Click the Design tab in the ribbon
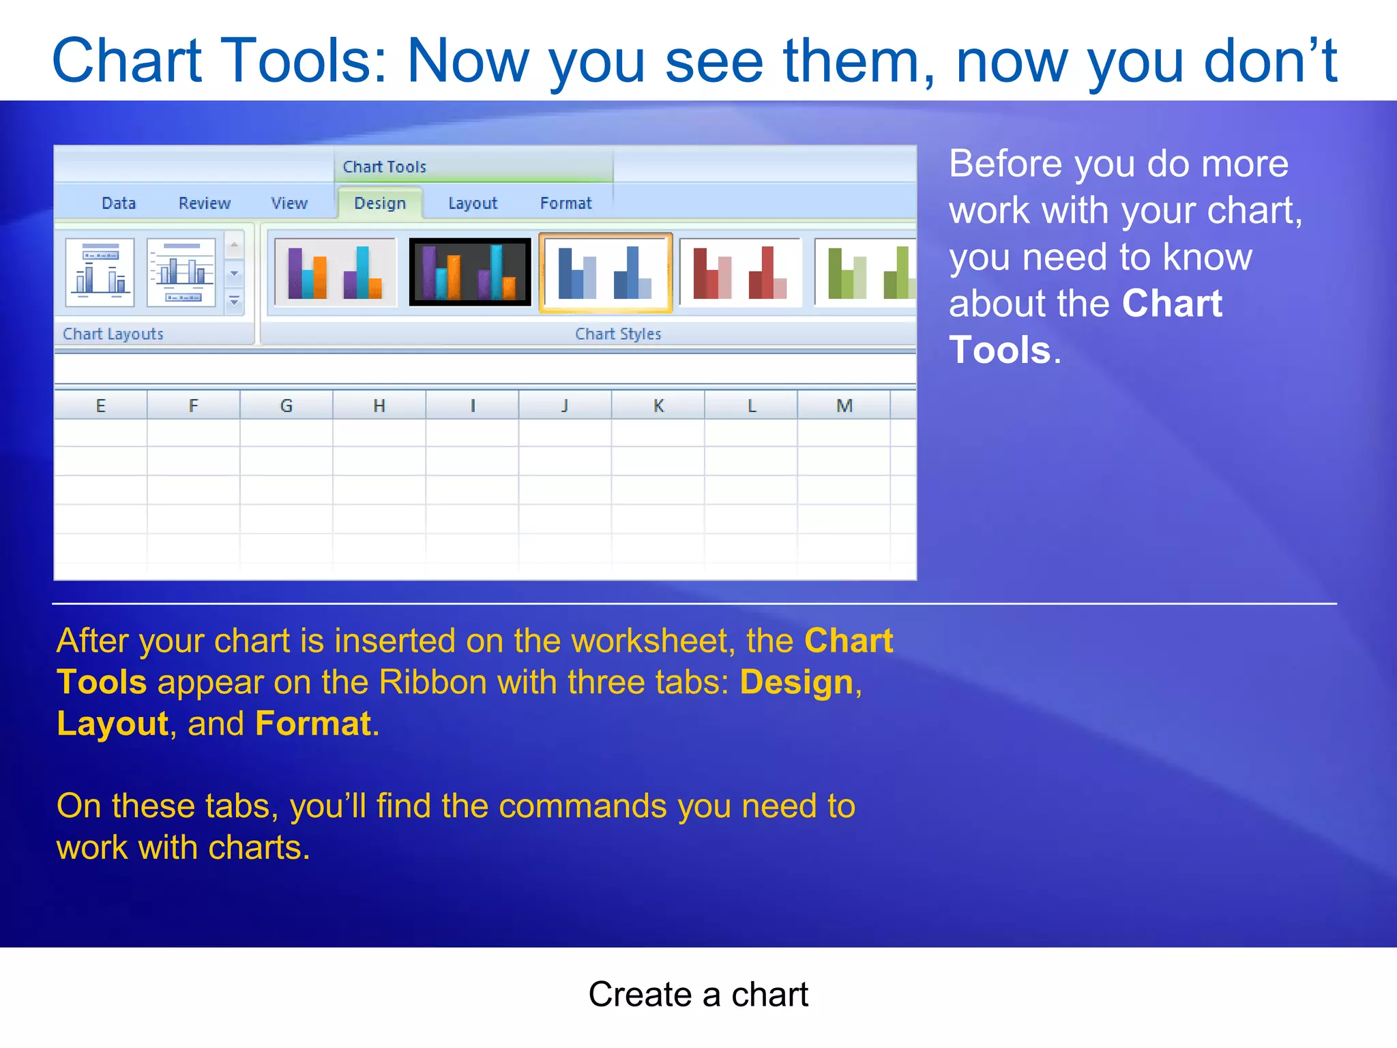click(380, 203)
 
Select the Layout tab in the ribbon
click(473, 203)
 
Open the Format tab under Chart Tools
click(565, 203)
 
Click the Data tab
click(119, 203)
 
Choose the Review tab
click(205, 203)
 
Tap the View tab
click(289, 203)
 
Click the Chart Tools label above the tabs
click(384, 167)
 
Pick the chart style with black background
click(470, 272)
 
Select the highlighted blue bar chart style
click(605, 272)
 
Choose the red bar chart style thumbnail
click(740, 272)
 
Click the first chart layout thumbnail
click(100, 272)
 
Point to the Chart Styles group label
click(618, 334)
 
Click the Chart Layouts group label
click(113, 334)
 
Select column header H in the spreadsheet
click(379, 406)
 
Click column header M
click(844, 406)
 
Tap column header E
click(100, 406)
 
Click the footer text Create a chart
click(698, 995)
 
